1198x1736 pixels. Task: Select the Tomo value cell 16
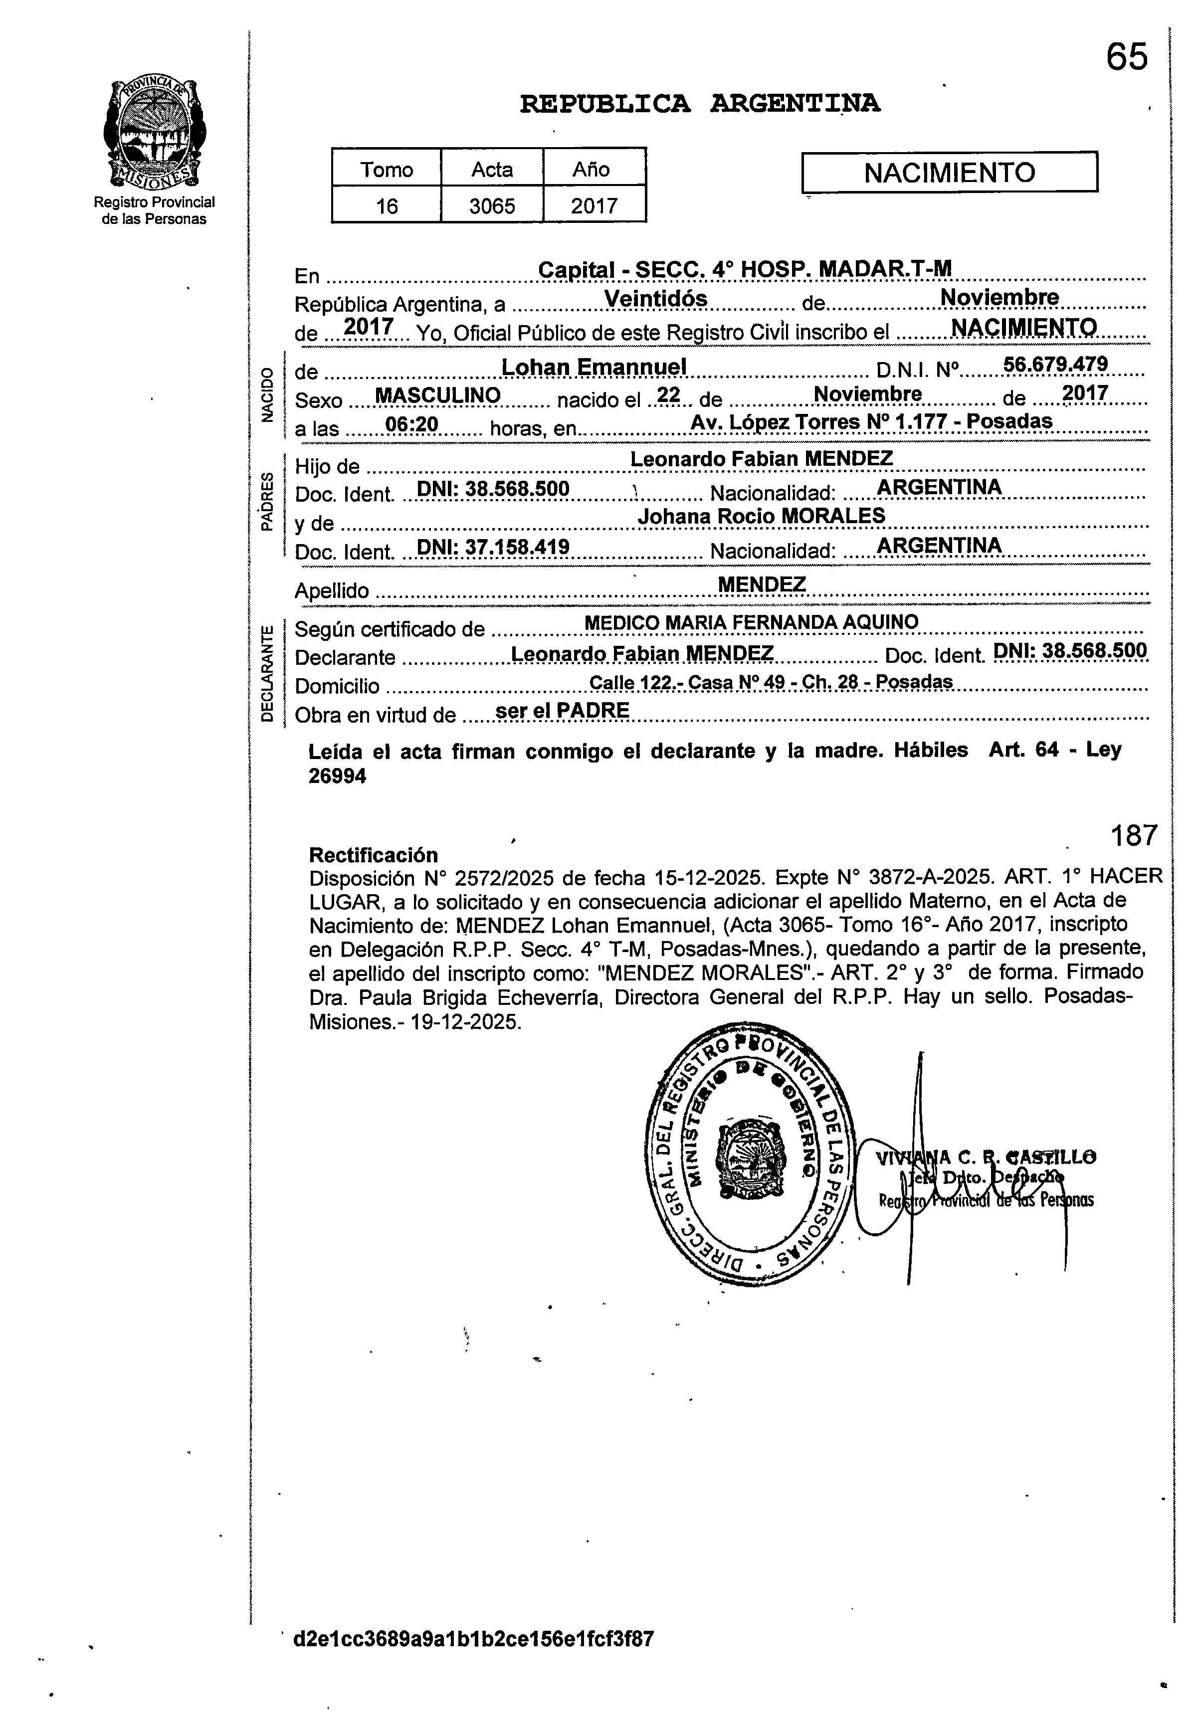pyautogui.click(x=387, y=205)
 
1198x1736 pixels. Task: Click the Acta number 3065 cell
pyautogui.click(x=492, y=205)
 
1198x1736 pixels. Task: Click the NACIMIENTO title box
pyautogui.click(x=950, y=173)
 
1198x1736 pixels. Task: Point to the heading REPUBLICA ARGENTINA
pyautogui.click(x=700, y=104)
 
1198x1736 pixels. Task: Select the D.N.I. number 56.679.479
pyautogui.click(x=1055, y=365)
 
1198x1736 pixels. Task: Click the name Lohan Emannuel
pyautogui.click(x=594, y=367)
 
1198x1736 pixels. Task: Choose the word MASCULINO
pyautogui.click(x=437, y=395)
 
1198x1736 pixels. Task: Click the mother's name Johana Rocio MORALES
pyautogui.click(x=761, y=516)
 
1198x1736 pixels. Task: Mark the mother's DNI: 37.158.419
pyautogui.click(x=493, y=548)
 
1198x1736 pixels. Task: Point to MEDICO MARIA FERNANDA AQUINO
pyautogui.click(x=751, y=622)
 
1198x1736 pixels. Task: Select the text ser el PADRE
pyautogui.click(x=563, y=710)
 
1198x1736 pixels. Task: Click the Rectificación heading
pyautogui.click(x=373, y=855)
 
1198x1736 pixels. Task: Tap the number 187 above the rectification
pyautogui.click(x=1134, y=835)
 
